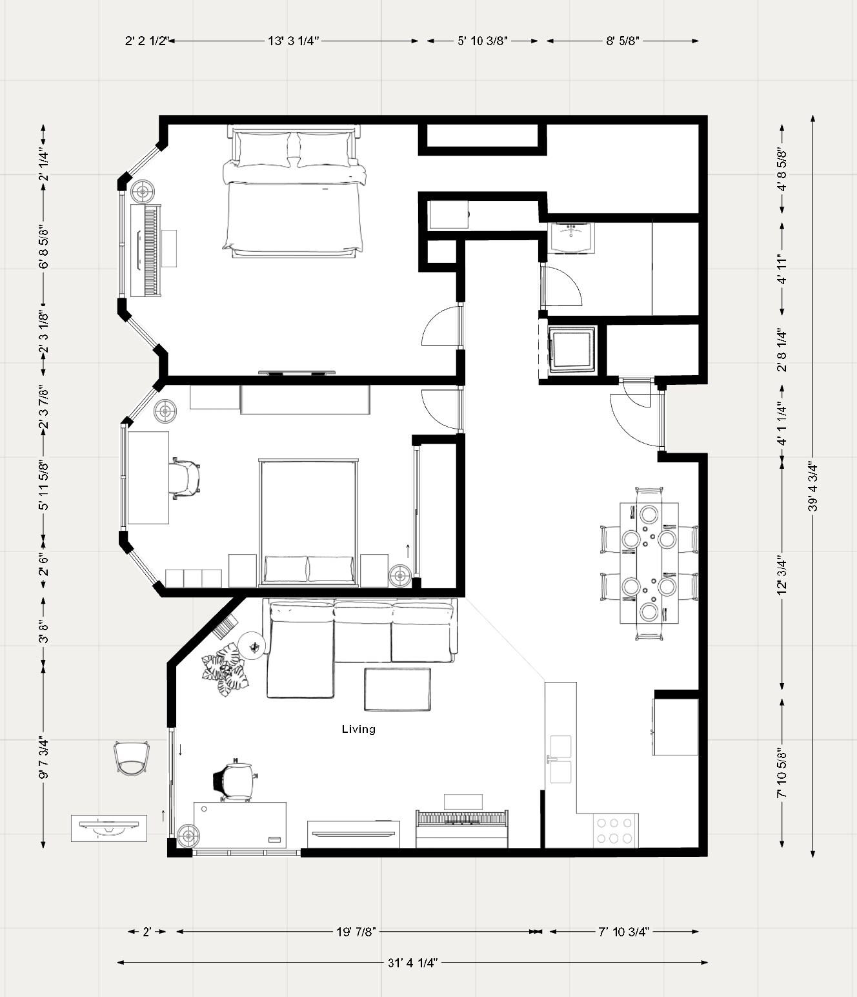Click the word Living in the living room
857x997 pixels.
click(358, 729)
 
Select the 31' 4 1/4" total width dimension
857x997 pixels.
click(413, 962)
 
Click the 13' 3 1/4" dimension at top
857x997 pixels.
click(294, 41)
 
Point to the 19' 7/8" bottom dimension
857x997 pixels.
click(356, 932)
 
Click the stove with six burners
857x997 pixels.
click(615, 830)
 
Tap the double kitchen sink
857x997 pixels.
click(560, 759)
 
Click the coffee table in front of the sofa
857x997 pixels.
click(398, 689)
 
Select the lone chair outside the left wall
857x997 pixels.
click(132, 758)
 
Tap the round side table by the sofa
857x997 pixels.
click(252, 645)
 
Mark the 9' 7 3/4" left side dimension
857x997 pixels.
click(43, 759)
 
